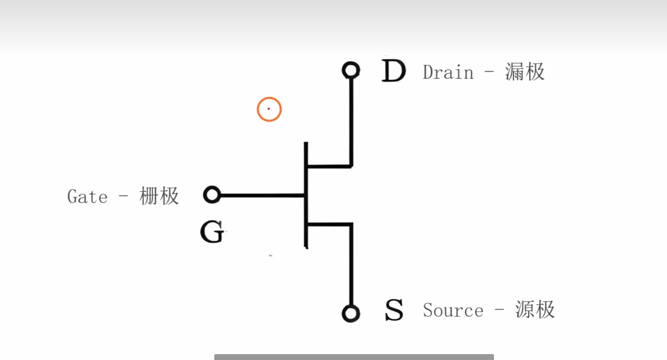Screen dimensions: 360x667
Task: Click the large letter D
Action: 393,71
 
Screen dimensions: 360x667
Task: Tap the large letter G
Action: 212,232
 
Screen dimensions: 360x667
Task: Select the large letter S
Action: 394,310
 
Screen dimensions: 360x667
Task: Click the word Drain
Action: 448,73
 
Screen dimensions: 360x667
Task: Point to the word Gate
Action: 87,197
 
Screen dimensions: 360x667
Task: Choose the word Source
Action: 453,310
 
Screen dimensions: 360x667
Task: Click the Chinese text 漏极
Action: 525,72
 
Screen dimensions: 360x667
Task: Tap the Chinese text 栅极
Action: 159,196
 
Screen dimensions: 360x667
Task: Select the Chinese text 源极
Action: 535,310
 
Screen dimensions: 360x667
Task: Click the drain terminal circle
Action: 351,70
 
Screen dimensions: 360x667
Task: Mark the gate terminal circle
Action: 212,195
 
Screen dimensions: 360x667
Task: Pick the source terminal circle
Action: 351,314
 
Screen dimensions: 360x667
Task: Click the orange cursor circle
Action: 269,109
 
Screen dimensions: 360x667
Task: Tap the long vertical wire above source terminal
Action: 351,267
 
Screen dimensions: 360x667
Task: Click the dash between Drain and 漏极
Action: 489,72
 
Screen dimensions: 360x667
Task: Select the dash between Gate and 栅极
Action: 123,196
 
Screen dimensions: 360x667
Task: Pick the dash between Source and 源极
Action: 499,310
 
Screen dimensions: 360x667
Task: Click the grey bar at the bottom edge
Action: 354,357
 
